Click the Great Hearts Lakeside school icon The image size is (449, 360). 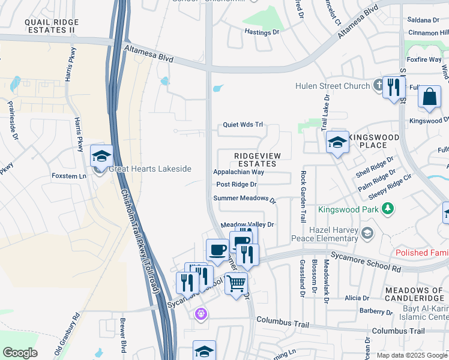(x=102, y=156)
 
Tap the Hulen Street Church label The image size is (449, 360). (x=332, y=86)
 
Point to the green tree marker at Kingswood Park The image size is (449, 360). (x=388, y=208)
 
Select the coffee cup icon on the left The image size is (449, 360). (x=217, y=248)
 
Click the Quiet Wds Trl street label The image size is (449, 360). (x=243, y=125)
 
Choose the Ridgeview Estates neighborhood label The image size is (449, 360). (x=256, y=160)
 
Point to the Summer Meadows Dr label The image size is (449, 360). (x=244, y=199)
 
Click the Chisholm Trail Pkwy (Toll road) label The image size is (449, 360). (x=141, y=241)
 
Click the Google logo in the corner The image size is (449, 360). (x=20, y=353)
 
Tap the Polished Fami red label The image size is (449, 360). (x=422, y=253)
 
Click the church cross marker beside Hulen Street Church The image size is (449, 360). (x=379, y=85)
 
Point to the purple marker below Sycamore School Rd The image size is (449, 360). (x=201, y=313)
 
